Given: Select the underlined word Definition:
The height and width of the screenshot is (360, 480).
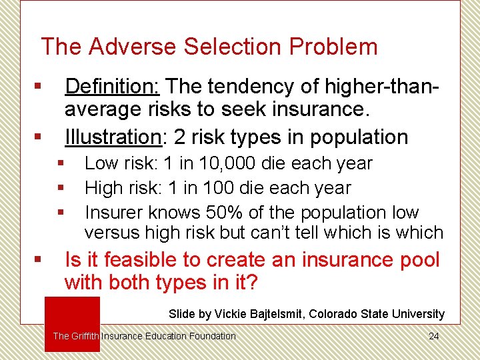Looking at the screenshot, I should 111,87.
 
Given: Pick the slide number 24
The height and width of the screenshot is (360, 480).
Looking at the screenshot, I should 433,336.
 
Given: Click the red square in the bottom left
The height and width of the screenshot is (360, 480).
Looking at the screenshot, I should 72,323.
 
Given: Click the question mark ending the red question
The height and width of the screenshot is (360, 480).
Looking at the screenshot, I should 251,283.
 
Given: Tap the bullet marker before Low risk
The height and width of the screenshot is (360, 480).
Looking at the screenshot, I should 61,163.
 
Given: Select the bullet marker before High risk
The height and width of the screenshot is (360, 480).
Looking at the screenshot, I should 61,188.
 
